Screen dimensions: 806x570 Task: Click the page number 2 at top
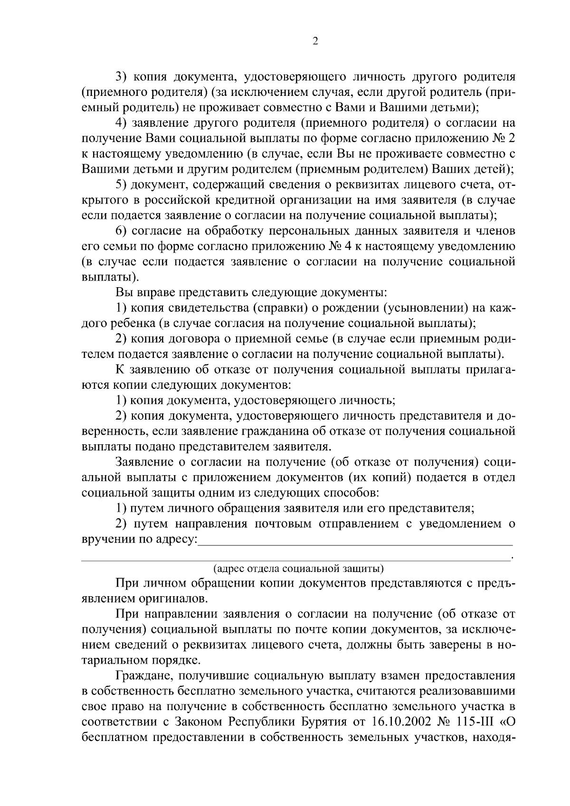(x=315, y=41)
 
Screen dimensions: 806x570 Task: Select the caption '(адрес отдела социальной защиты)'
(x=298, y=568)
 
